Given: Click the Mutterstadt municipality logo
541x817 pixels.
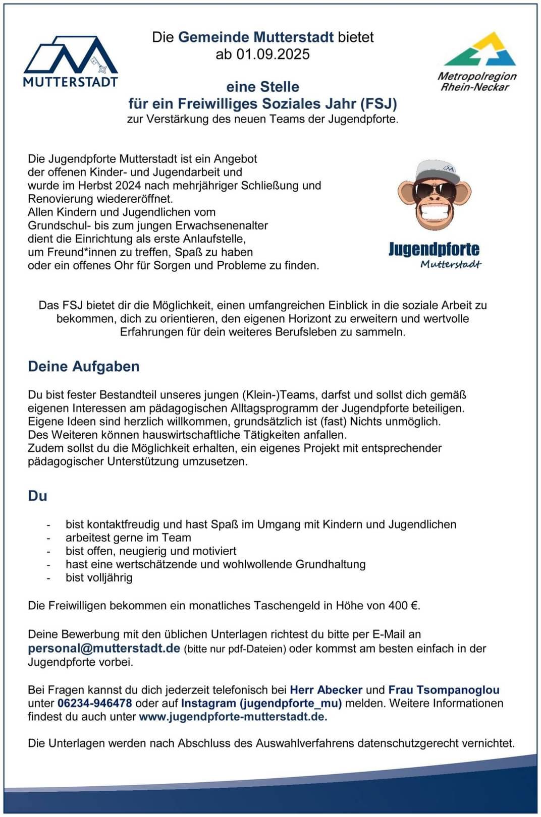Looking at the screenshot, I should point(71,61).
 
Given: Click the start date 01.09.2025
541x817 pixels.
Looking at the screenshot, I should point(273,54).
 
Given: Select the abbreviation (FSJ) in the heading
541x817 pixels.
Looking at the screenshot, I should point(378,103).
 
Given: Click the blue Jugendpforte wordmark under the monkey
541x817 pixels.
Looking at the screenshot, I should point(434,249).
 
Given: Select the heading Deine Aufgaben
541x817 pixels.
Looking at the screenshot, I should point(84,366).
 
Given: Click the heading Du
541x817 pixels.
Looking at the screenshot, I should point(37,496).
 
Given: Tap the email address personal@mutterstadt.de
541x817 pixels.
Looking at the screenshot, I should point(104,648).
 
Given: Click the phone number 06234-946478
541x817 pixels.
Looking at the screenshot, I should point(95,703).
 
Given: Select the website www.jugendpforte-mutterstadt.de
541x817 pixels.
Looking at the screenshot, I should point(233,716).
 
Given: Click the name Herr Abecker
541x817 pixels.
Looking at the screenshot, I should point(326,689).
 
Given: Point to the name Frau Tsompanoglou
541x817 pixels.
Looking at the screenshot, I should point(444,689).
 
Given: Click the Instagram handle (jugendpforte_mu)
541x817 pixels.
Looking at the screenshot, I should point(290,703).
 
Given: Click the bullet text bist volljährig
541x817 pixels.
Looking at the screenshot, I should point(99,577).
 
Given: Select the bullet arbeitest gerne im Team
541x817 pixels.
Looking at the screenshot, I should point(128,538).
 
